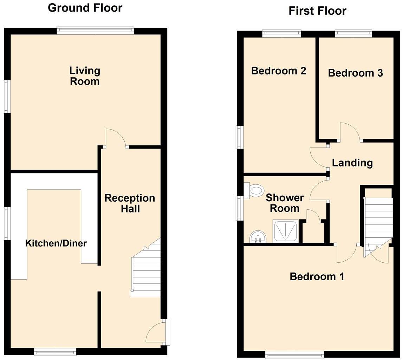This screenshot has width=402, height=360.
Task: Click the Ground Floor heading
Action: click(x=85, y=8)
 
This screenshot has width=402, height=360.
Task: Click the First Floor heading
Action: click(x=317, y=11)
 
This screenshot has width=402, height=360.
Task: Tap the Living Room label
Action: click(x=85, y=76)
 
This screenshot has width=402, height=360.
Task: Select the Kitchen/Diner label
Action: click(x=56, y=243)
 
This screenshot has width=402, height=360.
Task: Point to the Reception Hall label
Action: click(x=130, y=203)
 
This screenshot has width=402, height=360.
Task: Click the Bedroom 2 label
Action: click(x=279, y=71)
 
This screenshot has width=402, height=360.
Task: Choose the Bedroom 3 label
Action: click(x=355, y=73)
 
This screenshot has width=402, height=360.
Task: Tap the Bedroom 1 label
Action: click(x=317, y=276)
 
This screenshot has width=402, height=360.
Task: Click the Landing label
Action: click(x=352, y=163)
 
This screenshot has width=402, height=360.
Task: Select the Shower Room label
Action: click(x=284, y=203)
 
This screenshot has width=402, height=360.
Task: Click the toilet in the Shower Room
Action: click(x=255, y=191)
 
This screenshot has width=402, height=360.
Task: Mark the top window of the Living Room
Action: click(x=95, y=31)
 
